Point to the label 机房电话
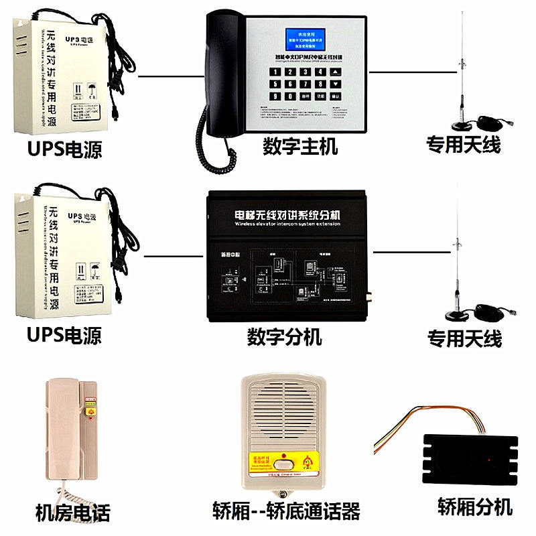(72, 513)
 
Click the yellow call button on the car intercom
(285, 461)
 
